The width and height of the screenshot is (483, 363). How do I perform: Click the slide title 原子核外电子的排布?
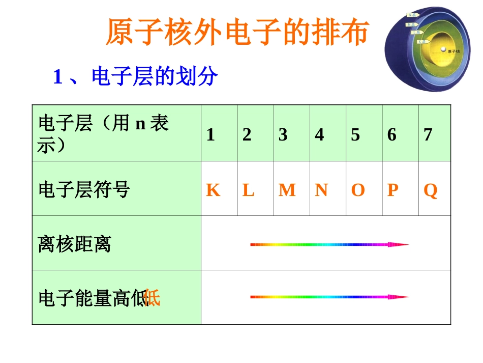tap(236, 34)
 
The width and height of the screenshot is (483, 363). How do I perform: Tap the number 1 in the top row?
tap(210, 134)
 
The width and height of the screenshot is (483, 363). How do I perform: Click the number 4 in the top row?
tap(319, 134)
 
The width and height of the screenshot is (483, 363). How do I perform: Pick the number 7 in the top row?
tap(428, 134)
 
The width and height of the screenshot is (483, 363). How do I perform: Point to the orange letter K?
tap(213, 190)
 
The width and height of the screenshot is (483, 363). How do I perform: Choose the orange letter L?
tap(248, 190)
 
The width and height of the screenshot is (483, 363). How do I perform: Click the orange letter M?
tap(287, 190)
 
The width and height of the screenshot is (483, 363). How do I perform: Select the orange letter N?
tap(321, 190)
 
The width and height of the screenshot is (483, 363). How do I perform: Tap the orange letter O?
tap(358, 190)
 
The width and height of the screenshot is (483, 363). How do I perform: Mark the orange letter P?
tap(393, 190)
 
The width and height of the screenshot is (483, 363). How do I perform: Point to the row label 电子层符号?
tap(84, 190)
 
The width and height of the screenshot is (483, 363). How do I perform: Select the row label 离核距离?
tap(74, 244)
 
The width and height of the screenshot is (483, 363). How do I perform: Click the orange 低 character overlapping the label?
tap(153, 298)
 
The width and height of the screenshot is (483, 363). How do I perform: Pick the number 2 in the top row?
tap(247, 134)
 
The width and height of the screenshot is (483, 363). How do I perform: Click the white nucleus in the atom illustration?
tap(443, 50)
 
